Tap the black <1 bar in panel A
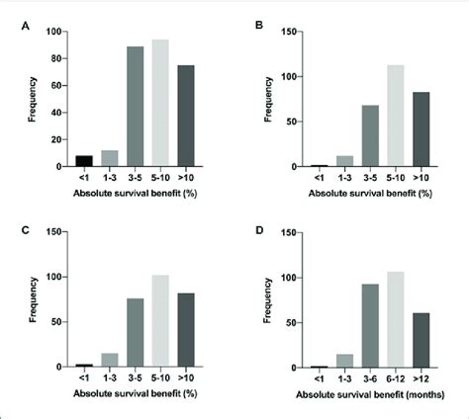point(84,161)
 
